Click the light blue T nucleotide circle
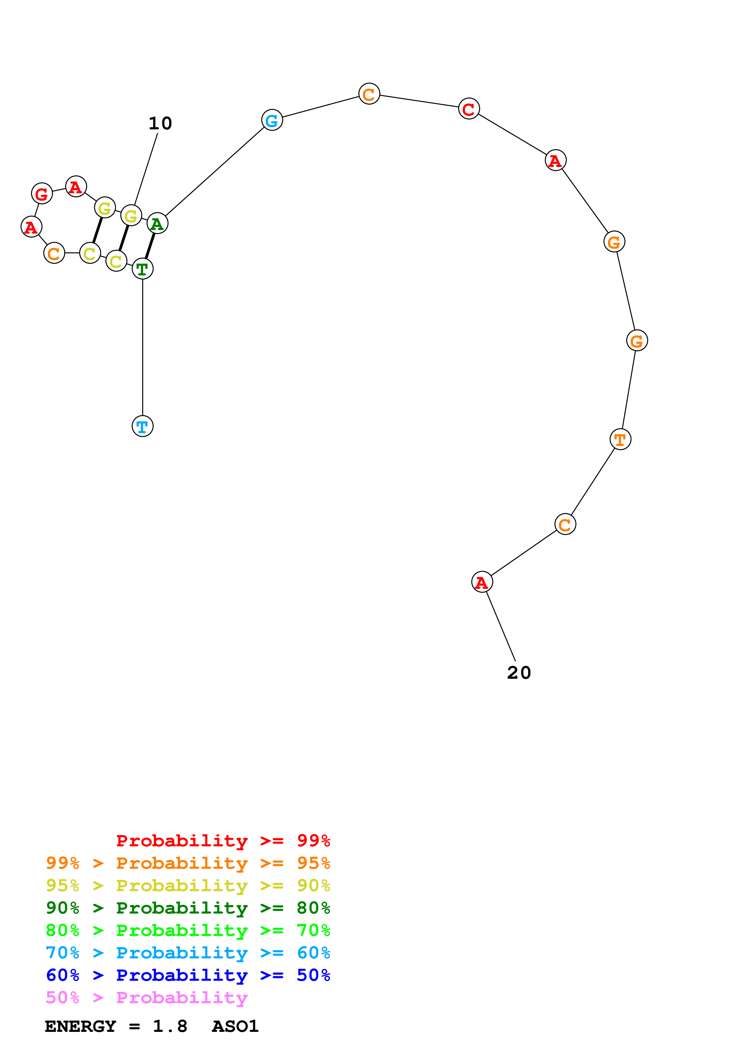[143, 426]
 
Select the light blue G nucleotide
[272, 120]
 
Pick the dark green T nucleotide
[143, 269]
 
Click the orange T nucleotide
[620, 439]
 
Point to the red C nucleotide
[469, 109]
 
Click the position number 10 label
[160, 123]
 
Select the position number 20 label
[519, 672]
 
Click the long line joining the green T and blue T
[143, 347]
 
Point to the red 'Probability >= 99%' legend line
[223, 840]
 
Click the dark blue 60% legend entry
[188, 975]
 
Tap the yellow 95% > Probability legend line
[188, 885]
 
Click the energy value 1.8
[170, 1026]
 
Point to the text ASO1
[235, 1026]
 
